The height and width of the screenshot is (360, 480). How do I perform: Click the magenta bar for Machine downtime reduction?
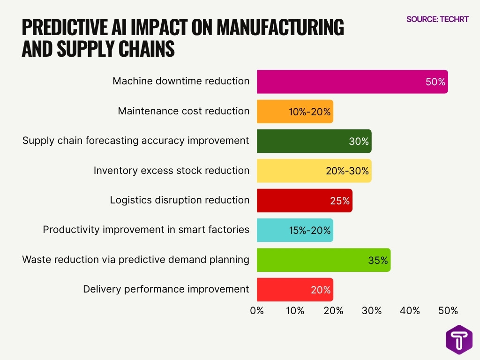click(352, 82)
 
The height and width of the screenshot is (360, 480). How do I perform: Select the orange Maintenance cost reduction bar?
click(294, 112)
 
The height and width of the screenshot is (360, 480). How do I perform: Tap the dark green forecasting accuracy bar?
click(314, 141)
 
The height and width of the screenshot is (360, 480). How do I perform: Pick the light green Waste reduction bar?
click(323, 260)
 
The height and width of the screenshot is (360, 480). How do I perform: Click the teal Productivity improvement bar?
click(294, 230)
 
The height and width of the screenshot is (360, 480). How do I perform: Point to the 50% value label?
click(435, 82)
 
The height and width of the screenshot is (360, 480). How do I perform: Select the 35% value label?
click(378, 261)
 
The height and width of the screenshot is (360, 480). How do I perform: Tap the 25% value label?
click(339, 201)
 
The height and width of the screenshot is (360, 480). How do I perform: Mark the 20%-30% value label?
click(348, 171)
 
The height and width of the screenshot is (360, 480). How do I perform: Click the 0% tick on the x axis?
click(257, 311)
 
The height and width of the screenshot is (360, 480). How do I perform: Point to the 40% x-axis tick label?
click(410, 311)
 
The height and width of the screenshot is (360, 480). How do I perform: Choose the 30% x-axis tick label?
click(371, 311)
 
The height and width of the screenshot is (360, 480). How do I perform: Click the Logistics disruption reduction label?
click(180, 200)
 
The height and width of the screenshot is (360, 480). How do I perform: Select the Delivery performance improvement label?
click(166, 289)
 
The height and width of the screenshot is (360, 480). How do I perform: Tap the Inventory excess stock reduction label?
click(171, 171)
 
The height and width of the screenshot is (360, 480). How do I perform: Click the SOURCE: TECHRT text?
click(437, 19)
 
